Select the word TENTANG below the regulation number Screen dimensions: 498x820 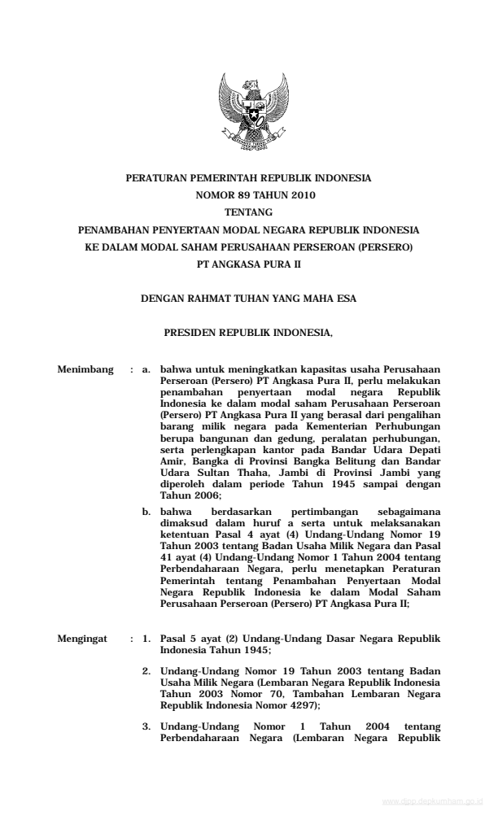(x=248, y=212)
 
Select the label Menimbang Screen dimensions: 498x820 (x=85, y=370)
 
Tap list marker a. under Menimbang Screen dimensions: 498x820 (x=146, y=370)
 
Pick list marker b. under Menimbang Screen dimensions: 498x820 (x=146, y=511)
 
